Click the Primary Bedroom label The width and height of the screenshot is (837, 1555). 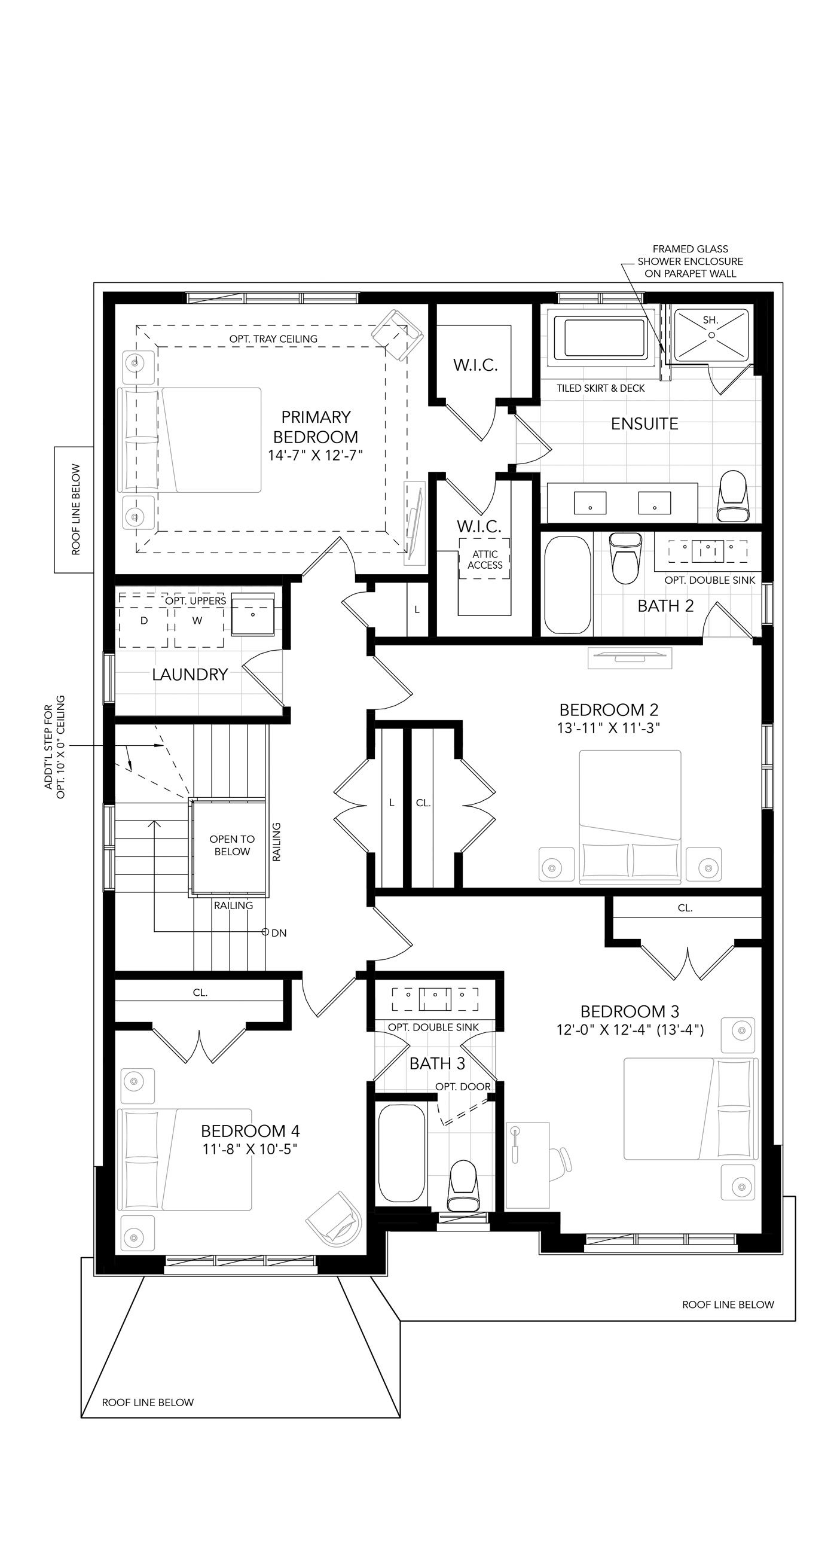tap(316, 427)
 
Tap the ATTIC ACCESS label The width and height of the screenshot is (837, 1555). tap(485, 560)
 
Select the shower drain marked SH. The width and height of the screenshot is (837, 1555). tap(711, 334)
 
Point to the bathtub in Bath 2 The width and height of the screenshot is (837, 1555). tap(567, 584)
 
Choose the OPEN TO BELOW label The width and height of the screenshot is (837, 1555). tap(232, 845)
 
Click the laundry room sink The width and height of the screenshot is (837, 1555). tap(253, 614)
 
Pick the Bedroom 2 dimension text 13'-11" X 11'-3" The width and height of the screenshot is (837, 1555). tap(608, 728)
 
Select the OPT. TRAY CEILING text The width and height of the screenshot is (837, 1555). tap(273, 339)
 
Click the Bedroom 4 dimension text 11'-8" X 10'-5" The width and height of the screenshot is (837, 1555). tap(251, 1149)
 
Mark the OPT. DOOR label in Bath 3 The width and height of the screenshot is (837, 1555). tap(463, 1087)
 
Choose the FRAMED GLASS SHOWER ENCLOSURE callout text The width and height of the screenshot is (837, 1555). tap(691, 261)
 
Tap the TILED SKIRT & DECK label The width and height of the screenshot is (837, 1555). tap(600, 388)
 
